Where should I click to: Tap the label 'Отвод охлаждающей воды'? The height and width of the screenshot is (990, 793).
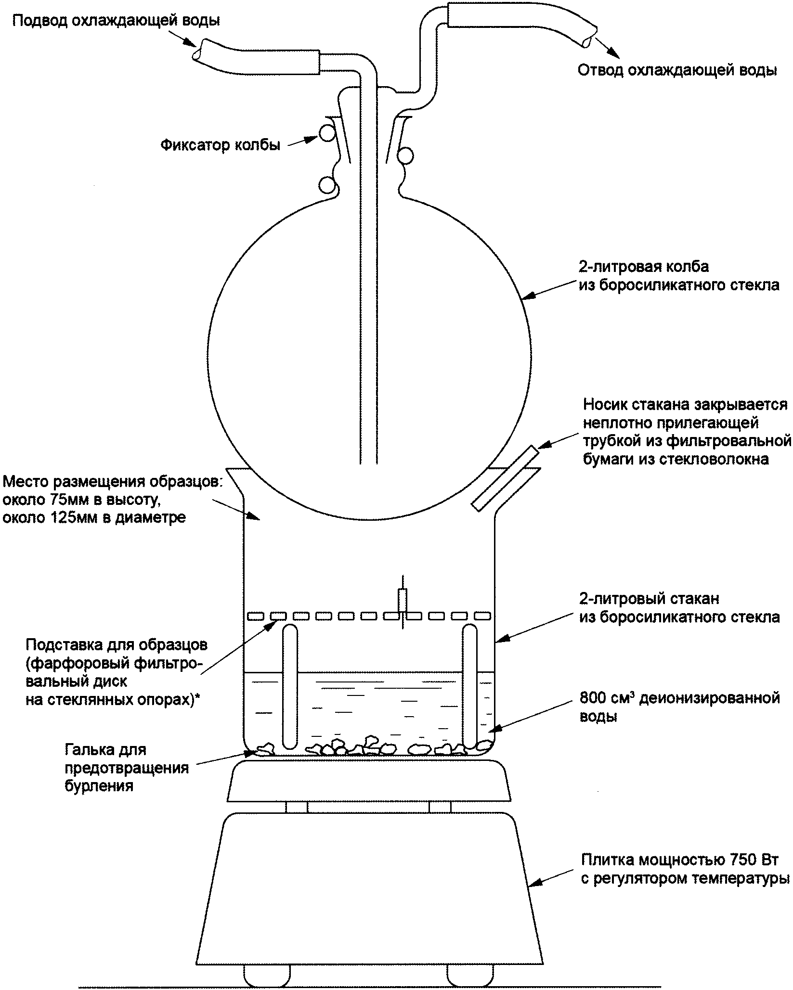(x=677, y=70)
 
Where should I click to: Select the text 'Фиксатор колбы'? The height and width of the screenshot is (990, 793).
(x=220, y=145)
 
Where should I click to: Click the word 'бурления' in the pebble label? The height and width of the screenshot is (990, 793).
(x=99, y=786)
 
